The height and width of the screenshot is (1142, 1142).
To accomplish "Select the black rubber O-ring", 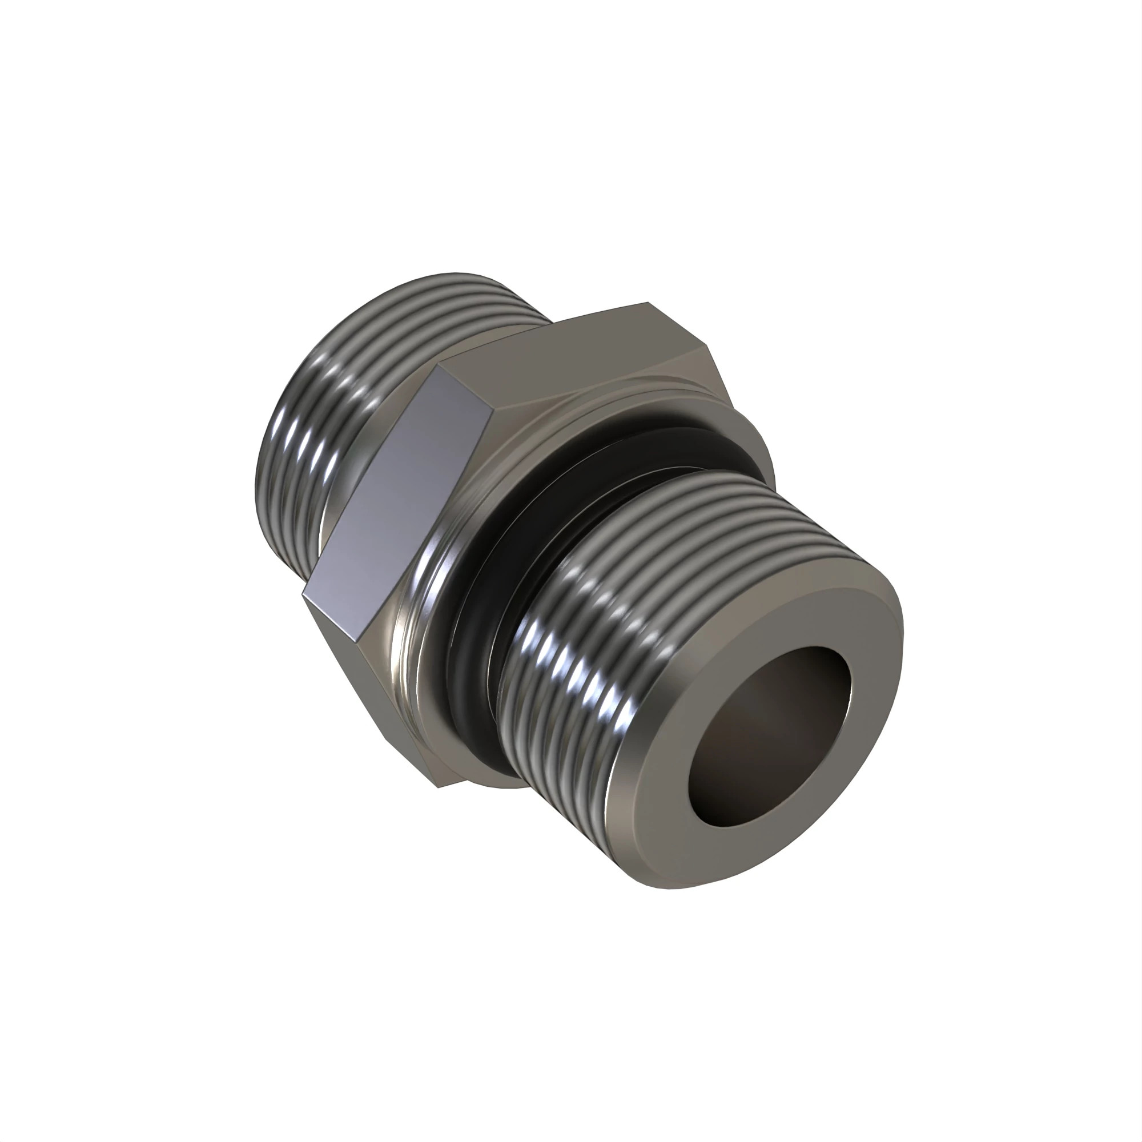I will point(473,679).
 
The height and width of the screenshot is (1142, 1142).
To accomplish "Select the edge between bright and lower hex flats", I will point(340,615).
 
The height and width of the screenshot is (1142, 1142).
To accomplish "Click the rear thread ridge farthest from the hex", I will point(266,473).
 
